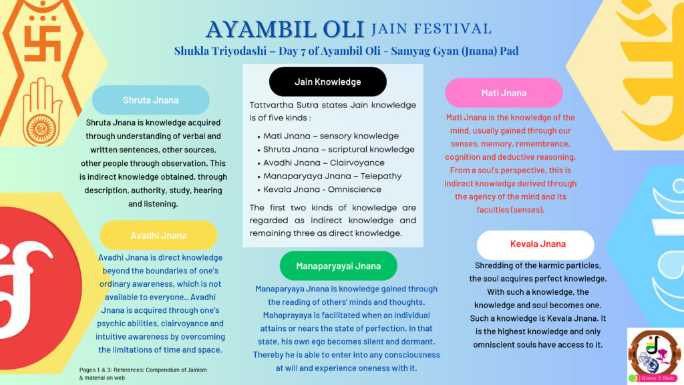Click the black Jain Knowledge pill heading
(x=327, y=82)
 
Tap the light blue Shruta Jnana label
(x=150, y=100)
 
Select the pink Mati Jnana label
(x=504, y=93)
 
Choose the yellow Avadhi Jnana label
(x=158, y=235)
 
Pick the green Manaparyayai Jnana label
(x=339, y=266)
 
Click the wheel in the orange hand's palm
(x=41, y=130)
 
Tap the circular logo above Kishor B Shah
(x=655, y=353)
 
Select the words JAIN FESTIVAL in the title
(x=432, y=29)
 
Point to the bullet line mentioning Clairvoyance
(x=321, y=163)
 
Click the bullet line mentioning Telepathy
(x=329, y=176)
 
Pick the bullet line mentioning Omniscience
(x=319, y=189)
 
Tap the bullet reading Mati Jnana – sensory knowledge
(x=328, y=136)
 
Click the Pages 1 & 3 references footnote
(x=143, y=374)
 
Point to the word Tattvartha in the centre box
(x=271, y=105)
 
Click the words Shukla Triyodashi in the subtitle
(x=220, y=51)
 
